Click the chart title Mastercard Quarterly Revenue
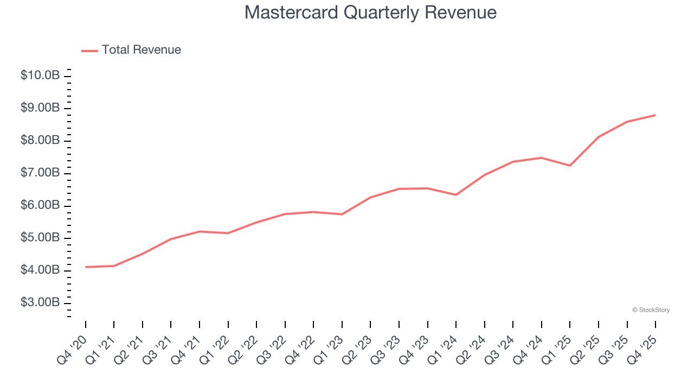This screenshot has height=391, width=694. (370, 12)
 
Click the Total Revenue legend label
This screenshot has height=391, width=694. (141, 50)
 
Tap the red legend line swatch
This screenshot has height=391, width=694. (89, 51)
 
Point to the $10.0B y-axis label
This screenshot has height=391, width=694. (40, 75)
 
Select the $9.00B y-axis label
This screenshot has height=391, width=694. (40, 108)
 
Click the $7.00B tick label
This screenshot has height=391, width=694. (40, 173)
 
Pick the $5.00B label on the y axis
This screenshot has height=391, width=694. (40, 238)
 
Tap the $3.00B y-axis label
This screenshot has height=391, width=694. (40, 302)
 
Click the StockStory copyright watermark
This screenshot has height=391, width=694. (651, 310)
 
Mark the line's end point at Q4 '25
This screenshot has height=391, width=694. (655, 115)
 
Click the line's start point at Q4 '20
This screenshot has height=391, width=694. (86, 267)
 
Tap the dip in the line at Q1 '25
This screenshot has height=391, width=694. (570, 166)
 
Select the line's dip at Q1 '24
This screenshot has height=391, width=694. (456, 195)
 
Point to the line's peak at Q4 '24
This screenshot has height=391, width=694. (541, 157)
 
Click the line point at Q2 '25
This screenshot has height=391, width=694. (598, 137)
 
